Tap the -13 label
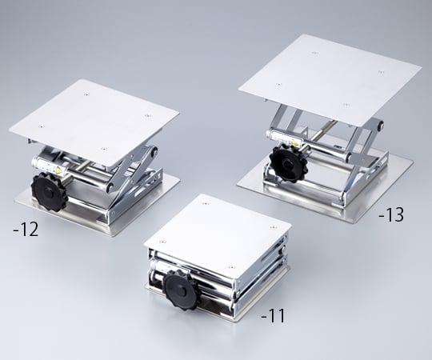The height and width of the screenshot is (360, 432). pyautogui.click(x=393, y=214)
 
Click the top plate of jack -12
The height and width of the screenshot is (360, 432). pyautogui.click(x=96, y=120)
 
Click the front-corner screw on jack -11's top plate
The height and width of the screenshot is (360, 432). pyautogui.click(x=231, y=266)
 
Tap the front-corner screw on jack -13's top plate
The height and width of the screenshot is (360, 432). pyautogui.click(x=347, y=104)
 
